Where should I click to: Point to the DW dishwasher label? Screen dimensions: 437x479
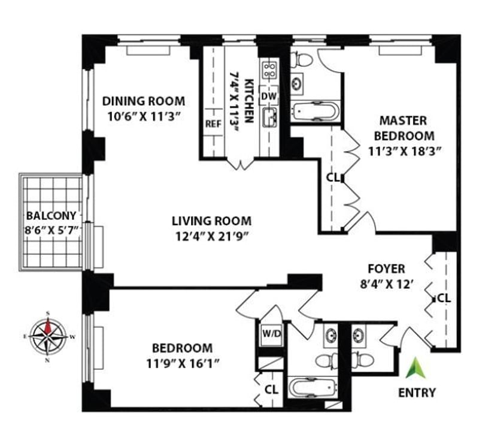(x=270, y=96)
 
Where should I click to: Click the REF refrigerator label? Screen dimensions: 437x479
(x=214, y=125)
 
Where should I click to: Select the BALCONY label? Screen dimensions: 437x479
(x=51, y=216)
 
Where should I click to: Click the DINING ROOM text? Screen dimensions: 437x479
(x=143, y=101)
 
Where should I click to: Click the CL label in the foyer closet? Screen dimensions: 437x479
(x=444, y=297)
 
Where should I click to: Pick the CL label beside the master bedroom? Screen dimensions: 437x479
(x=333, y=177)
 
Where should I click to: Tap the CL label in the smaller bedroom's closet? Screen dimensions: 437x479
(x=272, y=389)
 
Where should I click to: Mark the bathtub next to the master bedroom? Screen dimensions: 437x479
(x=315, y=112)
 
